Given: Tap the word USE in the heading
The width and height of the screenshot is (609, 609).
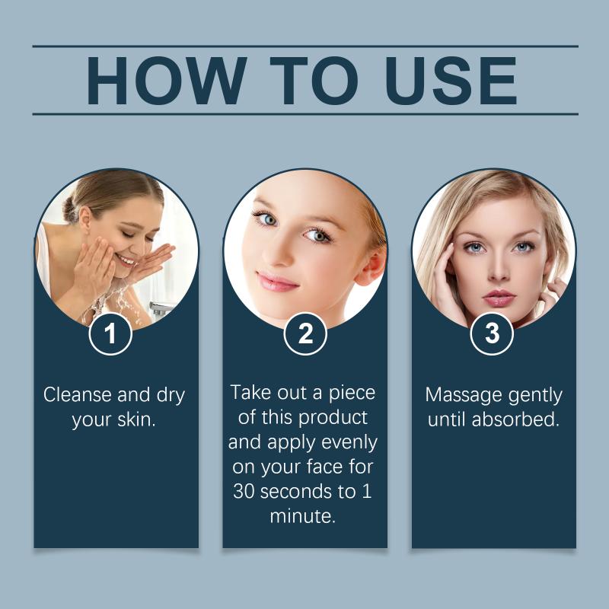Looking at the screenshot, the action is coord(451,81).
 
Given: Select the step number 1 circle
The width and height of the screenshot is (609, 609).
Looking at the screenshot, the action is coord(110,333).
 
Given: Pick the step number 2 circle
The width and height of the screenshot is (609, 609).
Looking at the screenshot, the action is coord(305,333).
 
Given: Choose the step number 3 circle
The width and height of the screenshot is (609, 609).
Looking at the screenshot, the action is coord(492,333).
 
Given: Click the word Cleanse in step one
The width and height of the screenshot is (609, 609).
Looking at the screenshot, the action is coord(78,394).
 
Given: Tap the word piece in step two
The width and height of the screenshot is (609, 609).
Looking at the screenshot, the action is coord(352,393).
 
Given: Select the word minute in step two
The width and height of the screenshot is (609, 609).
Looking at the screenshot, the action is coord(302,516).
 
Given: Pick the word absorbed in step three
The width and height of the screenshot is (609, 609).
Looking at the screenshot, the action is coord(515,419).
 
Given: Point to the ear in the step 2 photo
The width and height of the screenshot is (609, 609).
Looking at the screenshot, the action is coord(371,265).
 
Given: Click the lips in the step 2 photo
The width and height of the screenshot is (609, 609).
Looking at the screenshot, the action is coord(277,282).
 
